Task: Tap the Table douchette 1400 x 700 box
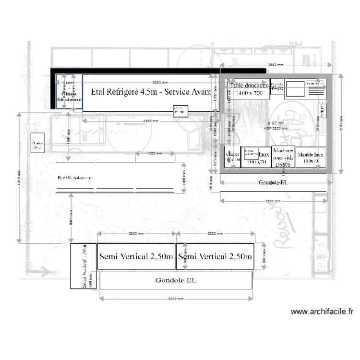(x=249, y=89)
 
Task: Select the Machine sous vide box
(x=283, y=157)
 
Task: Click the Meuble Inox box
(x=310, y=157)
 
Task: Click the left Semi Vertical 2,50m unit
(x=136, y=257)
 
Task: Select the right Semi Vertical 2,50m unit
(x=215, y=257)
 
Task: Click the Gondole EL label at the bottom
(x=176, y=280)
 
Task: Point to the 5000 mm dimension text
(x=176, y=298)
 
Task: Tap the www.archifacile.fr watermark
(x=322, y=312)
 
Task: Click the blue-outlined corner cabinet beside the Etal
(x=69, y=92)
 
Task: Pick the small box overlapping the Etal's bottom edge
(x=180, y=111)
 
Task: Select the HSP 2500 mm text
(x=274, y=129)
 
